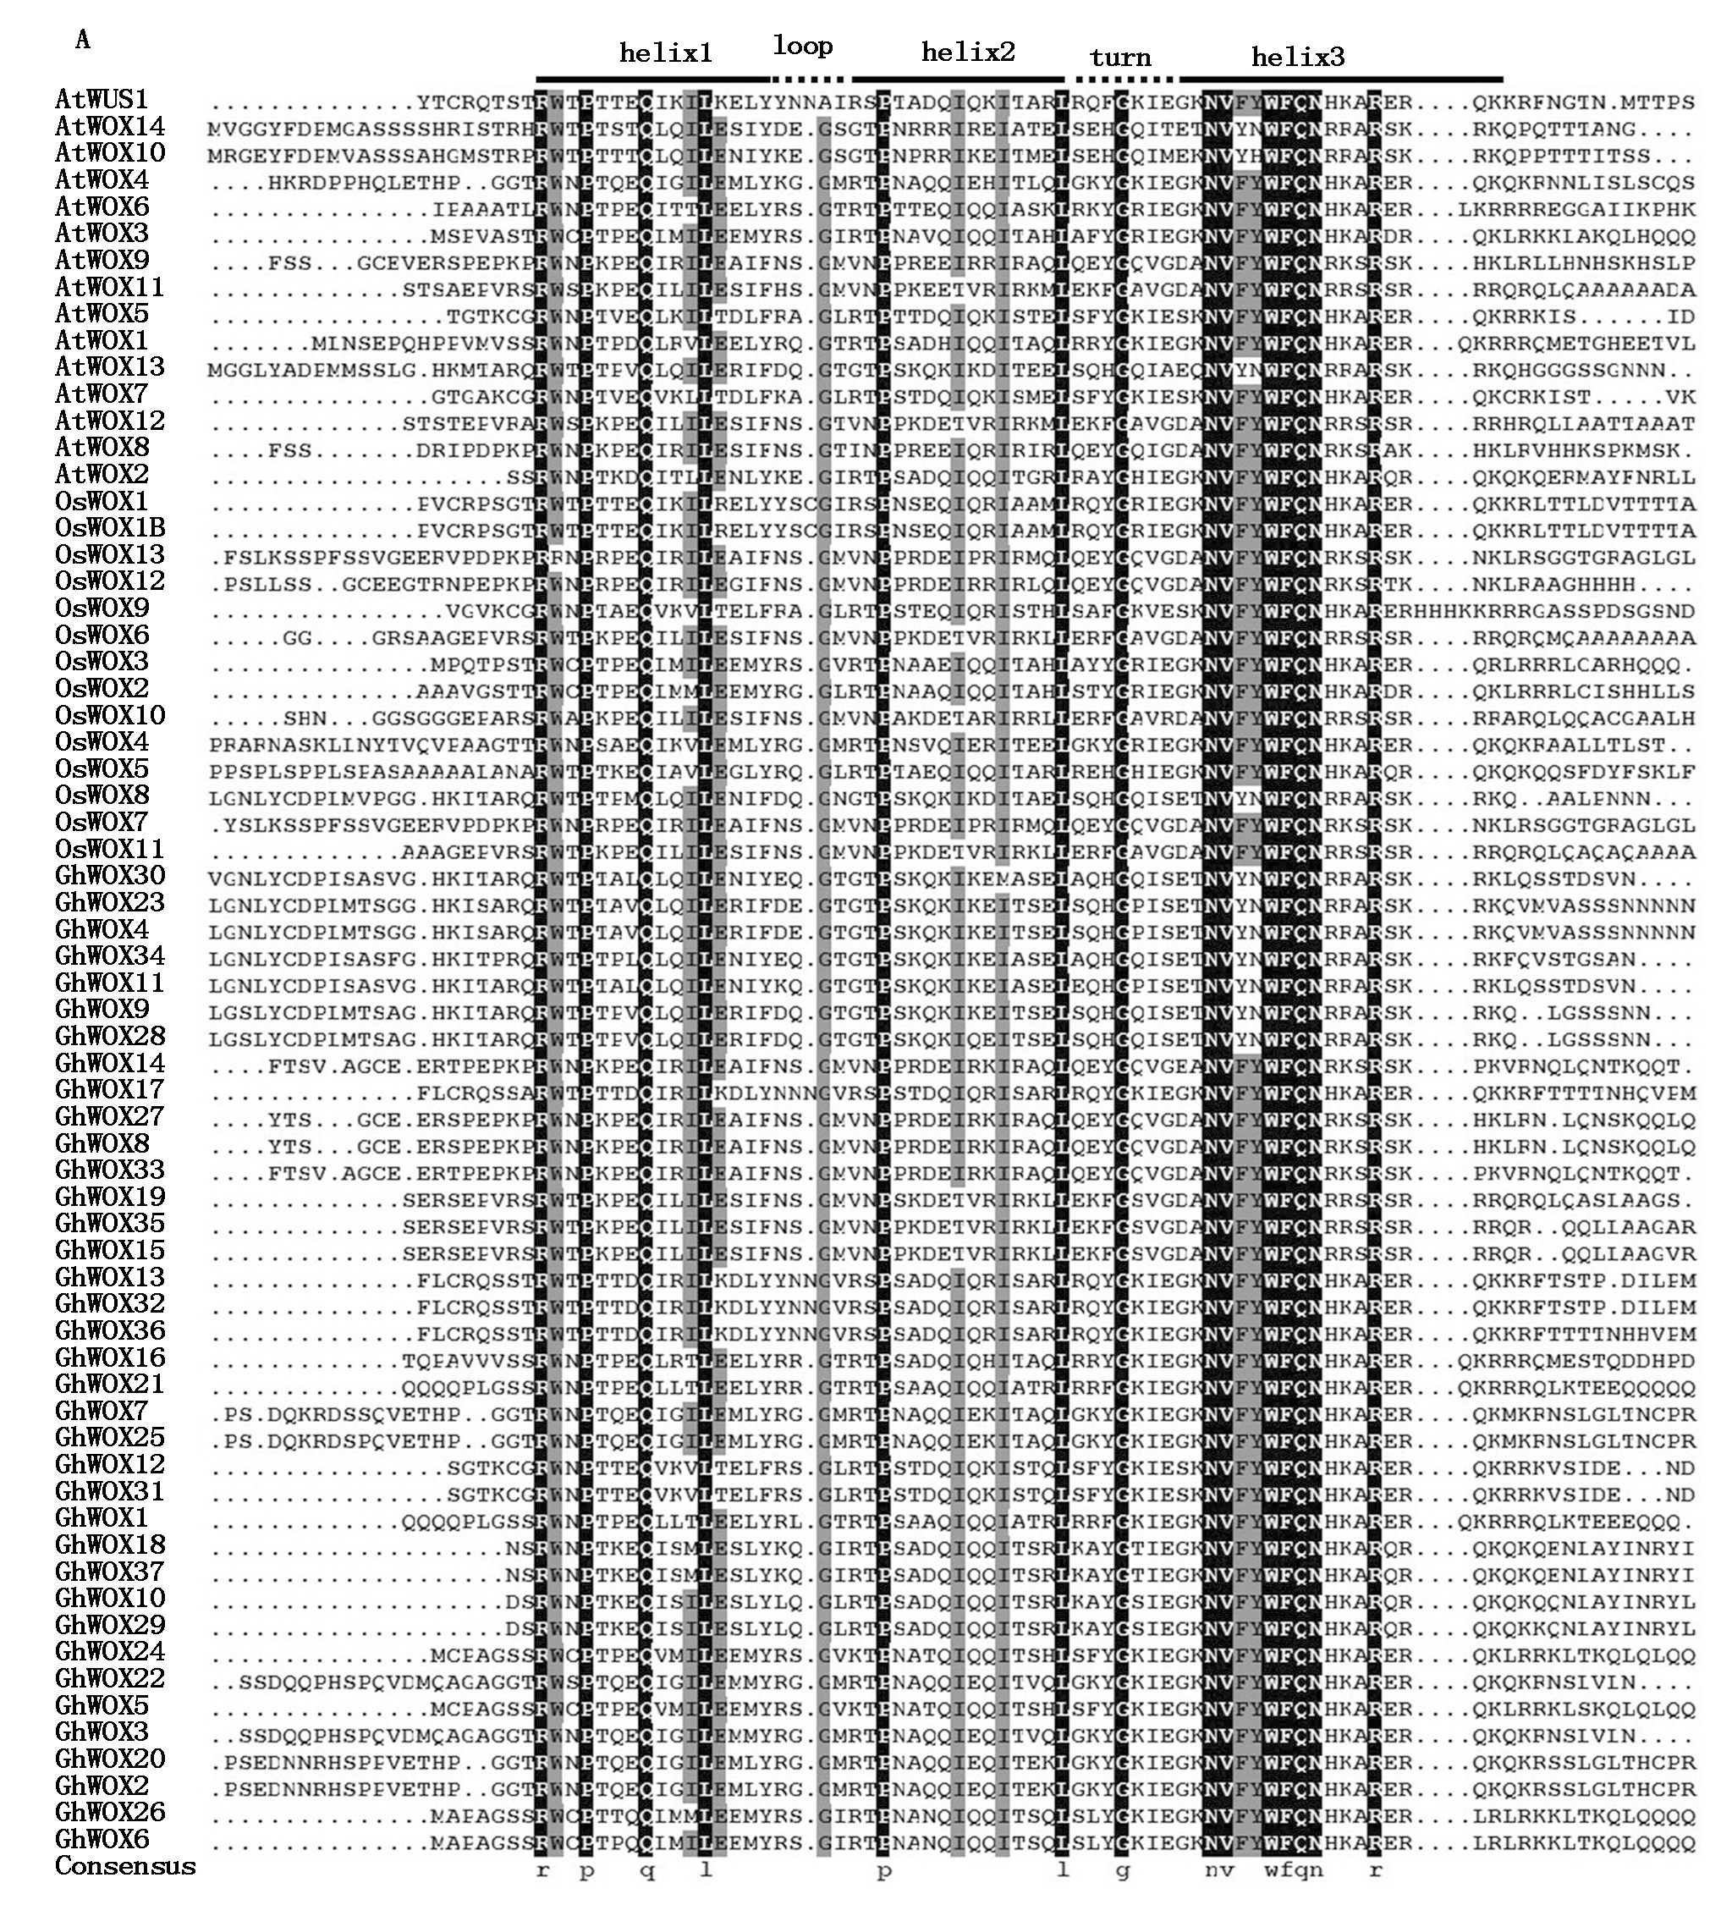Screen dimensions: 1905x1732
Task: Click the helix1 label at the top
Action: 665,53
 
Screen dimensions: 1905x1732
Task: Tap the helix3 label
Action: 1297,57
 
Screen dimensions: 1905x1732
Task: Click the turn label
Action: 1120,58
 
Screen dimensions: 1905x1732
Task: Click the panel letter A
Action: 83,39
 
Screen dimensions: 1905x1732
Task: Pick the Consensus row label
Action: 126,1865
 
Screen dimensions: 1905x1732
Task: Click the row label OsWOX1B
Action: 110,527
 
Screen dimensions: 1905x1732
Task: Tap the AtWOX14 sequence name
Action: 110,126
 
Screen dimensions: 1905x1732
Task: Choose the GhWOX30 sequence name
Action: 110,876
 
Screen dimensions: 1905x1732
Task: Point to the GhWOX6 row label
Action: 102,1839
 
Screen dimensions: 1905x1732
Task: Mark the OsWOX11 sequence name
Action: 110,849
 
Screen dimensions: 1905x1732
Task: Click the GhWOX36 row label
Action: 110,1330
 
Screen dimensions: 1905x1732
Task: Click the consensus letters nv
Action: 1219,1868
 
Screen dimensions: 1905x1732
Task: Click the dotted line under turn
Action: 1120,80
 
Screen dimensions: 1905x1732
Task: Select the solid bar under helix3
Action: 1341,80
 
